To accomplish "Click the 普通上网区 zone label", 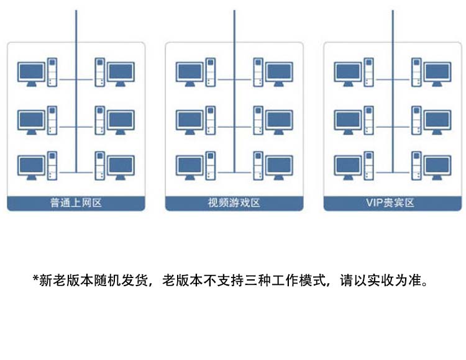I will (x=76, y=203).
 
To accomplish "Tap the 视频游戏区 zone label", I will (x=234, y=203).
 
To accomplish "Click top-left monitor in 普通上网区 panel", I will (x=31, y=72).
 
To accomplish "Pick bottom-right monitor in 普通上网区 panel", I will (x=121, y=166).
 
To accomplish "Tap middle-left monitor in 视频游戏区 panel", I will (x=189, y=119).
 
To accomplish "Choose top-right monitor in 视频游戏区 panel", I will (x=279, y=72).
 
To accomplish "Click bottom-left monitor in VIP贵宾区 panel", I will (x=347, y=166).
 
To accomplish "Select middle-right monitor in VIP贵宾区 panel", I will (x=437, y=119).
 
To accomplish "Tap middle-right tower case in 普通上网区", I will (x=99, y=119).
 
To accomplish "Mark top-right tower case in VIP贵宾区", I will (x=416, y=71).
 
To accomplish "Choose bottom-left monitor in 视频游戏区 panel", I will (x=189, y=166).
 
